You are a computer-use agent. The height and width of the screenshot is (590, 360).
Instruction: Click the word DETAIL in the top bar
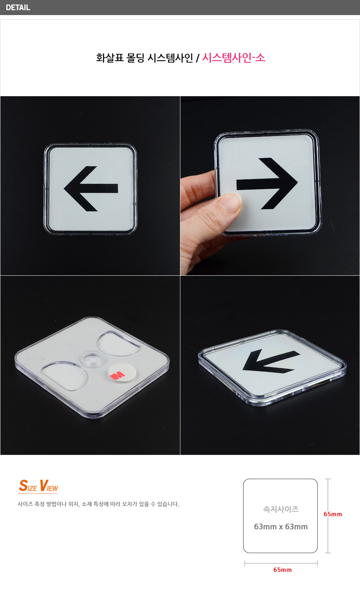tap(18, 8)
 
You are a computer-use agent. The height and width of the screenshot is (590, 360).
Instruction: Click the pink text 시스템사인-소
tap(234, 58)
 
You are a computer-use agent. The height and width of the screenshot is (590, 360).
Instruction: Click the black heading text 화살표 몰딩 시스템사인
tap(144, 58)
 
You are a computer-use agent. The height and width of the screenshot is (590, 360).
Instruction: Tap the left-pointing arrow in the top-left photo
tap(91, 189)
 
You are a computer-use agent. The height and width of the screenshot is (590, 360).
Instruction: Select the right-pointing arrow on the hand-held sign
tap(267, 184)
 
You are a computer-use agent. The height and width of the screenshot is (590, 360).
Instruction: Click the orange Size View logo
tap(39, 486)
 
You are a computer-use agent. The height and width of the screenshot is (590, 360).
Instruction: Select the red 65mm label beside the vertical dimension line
tap(333, 514)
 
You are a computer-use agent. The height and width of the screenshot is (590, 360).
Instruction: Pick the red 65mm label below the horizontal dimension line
tap(282, 570)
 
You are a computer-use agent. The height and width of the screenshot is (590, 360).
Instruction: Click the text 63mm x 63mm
tap(280, 526)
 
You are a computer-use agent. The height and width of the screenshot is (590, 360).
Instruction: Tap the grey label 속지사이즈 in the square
tap(280, 509)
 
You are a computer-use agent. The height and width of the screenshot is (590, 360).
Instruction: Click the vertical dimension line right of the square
tap(328, 516)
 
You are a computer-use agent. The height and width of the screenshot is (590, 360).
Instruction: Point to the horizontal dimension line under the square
tap(281, 563)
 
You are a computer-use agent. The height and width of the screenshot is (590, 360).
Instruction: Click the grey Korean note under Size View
tap(98, 504)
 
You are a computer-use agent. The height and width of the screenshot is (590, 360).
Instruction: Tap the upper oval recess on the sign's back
tap(118, 344)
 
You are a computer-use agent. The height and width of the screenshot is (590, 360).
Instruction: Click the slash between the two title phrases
tap(198, 58)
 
